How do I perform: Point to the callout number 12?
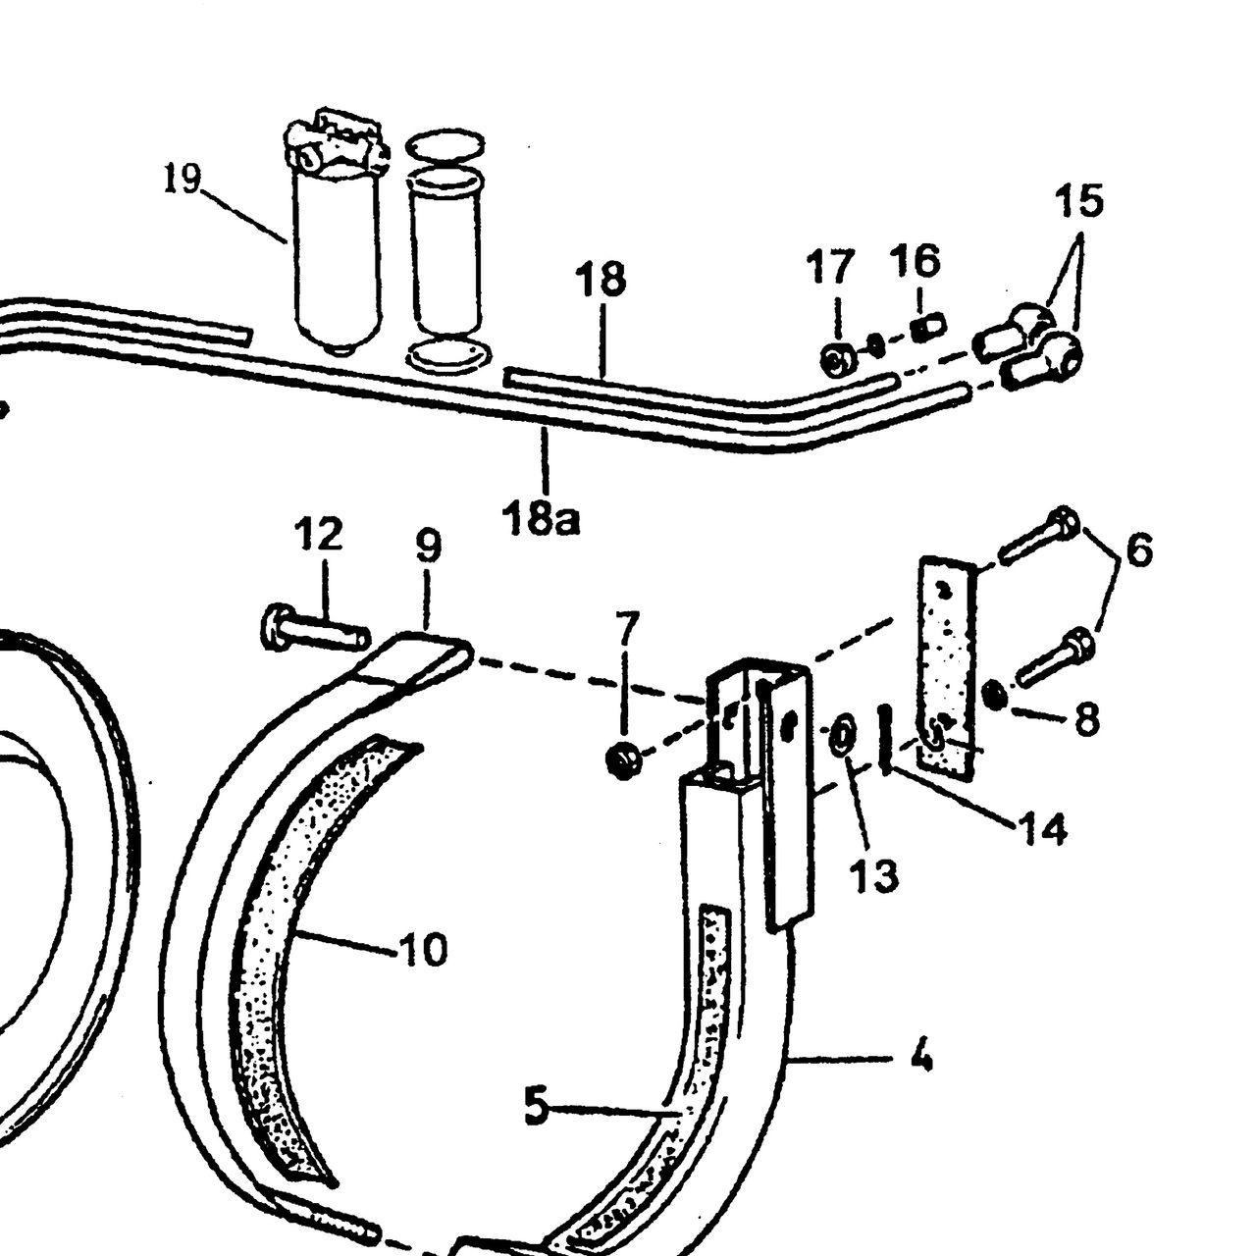click(x=318, y=535)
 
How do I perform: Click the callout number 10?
click(x=424, y=948)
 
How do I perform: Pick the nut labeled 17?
click(x=837, y=359)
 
